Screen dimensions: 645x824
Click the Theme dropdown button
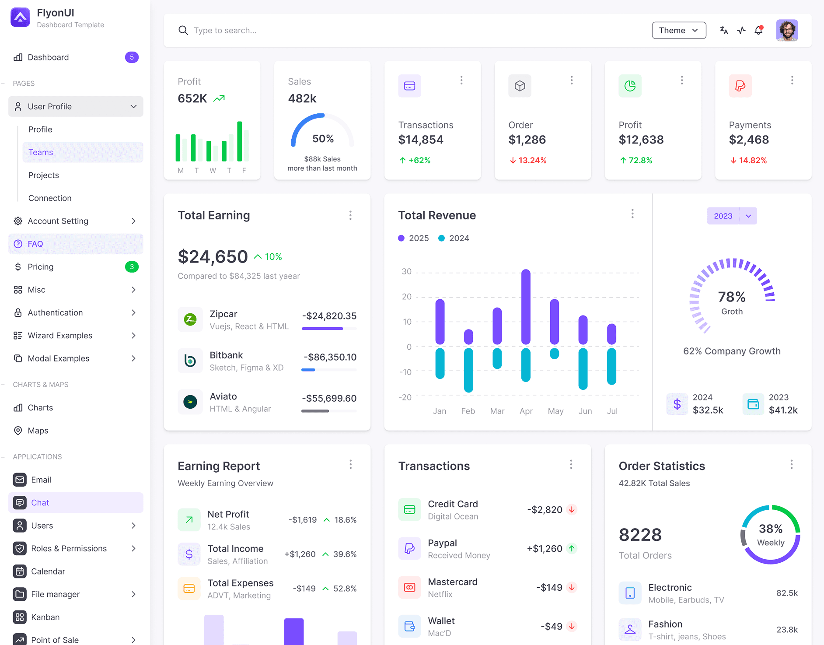679,30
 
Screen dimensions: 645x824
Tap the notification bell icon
759,30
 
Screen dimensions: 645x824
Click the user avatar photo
787,30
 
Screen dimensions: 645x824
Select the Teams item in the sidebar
41,152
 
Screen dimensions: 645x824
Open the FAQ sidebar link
35,244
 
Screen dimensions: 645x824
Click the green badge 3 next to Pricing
132,267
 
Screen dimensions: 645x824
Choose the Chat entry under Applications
40,502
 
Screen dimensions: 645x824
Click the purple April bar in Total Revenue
526,306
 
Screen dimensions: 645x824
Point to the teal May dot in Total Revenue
554,354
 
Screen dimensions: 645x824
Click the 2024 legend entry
454,238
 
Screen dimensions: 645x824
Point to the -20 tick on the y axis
405,397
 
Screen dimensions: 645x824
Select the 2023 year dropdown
732,216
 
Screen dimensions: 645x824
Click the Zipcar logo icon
190,319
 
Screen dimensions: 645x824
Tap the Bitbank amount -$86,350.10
330,357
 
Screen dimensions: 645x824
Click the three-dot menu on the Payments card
792,80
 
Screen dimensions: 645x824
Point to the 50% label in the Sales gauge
323,139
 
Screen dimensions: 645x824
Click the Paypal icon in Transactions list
410,548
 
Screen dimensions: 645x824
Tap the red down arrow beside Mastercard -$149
572,587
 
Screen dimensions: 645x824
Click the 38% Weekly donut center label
771,534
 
